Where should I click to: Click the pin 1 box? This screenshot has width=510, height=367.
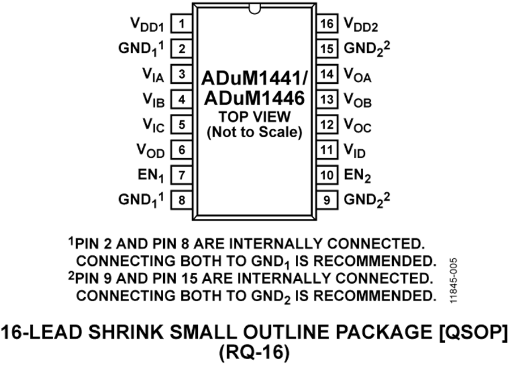coord(181,23)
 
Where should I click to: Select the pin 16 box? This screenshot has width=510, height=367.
coord(327,23)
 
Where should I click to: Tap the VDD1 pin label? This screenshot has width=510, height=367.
coord(147,25)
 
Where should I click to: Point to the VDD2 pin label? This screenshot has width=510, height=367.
coord(361,25)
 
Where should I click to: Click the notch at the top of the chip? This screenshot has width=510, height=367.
coord(254,9)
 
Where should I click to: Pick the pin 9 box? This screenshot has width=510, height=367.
coord(327,200)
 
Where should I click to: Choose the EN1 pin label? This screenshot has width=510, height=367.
coord(151,176)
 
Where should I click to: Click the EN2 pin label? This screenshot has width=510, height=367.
coord(358,176)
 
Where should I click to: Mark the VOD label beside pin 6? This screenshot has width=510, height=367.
coord(151,151)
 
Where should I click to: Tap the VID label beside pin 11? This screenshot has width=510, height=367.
coord(355,151)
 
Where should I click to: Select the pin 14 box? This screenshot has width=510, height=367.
coord(327,74)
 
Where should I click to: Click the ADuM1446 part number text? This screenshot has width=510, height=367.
coord(254,98)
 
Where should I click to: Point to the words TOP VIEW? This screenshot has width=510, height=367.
coord(254,117)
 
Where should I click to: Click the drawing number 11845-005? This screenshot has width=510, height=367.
coord(454,281)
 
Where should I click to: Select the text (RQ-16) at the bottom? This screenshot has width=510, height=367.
coord(254,352)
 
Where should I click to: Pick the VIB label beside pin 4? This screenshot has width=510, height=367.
coord(154,100)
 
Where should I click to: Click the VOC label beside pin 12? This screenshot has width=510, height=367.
coord(358,126)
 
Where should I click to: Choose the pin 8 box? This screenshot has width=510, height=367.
coord(181,200)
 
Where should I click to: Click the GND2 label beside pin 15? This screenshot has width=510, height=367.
coord(367,49)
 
